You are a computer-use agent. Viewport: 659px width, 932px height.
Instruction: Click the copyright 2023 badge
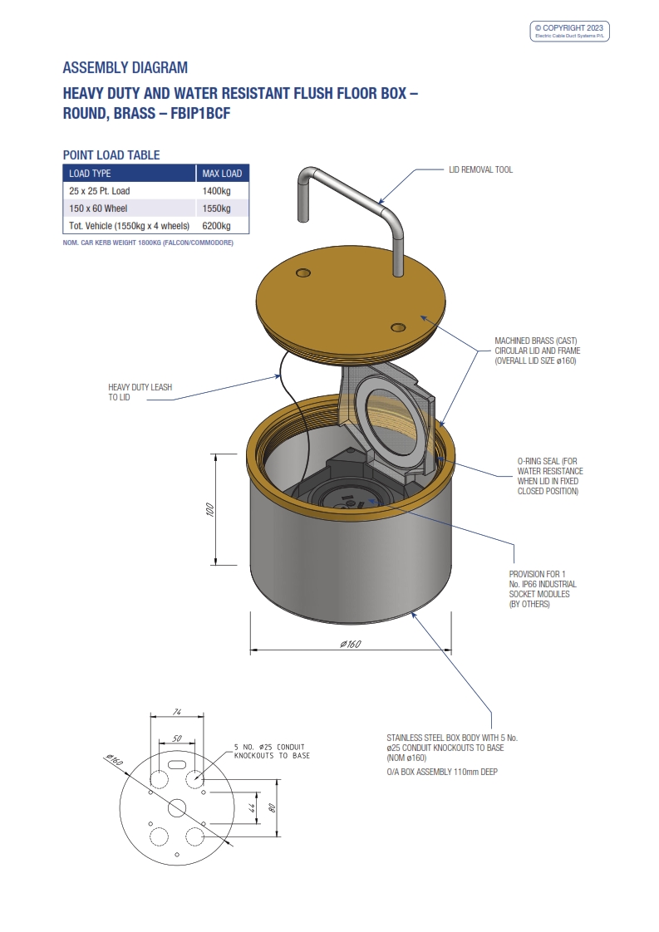coord(570,32)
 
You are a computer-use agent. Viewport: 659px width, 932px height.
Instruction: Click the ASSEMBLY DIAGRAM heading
coord(125,67)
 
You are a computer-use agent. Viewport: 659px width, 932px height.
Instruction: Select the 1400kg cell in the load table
coord(217,191)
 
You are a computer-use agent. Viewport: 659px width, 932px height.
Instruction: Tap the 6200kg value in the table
coord(217,226)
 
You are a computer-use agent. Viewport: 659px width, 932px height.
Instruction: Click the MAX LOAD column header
coord(222,174)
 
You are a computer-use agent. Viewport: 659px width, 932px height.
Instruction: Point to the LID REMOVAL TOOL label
coord(480,169)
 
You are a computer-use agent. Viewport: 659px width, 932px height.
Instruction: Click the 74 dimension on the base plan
coord(176,712)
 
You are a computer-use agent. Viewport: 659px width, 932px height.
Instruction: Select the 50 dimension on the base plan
coord(176,738)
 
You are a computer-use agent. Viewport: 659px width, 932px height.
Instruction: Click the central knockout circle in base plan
coord(176,807)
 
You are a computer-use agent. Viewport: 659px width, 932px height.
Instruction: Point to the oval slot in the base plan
coord(176,762)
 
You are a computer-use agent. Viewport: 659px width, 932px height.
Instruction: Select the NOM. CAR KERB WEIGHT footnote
coord(148,243)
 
